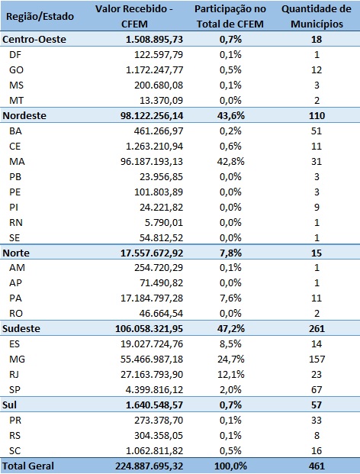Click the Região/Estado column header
point(40,16)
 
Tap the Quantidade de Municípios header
point(317,16)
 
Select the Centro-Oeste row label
point(34,39)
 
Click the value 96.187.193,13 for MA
point(152,161)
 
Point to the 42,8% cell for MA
point(230,161)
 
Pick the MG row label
point(17,360)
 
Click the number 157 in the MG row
point(317,360)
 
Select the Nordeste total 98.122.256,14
point(152,116)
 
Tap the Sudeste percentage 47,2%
point(230,329)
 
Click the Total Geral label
point(28,466)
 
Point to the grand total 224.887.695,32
point(149,466)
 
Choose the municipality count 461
point(317,466)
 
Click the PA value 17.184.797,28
point(152,298)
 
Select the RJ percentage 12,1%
point(230,374)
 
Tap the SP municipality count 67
point(317,390)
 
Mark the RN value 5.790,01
point(164,222)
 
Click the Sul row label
point(9,405)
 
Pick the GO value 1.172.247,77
point(154,69)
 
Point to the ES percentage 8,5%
point(230,344)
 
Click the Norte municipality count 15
point(317,253)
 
